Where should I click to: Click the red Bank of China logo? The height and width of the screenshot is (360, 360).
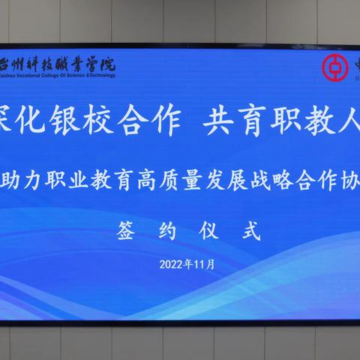(x=331, y=67)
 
